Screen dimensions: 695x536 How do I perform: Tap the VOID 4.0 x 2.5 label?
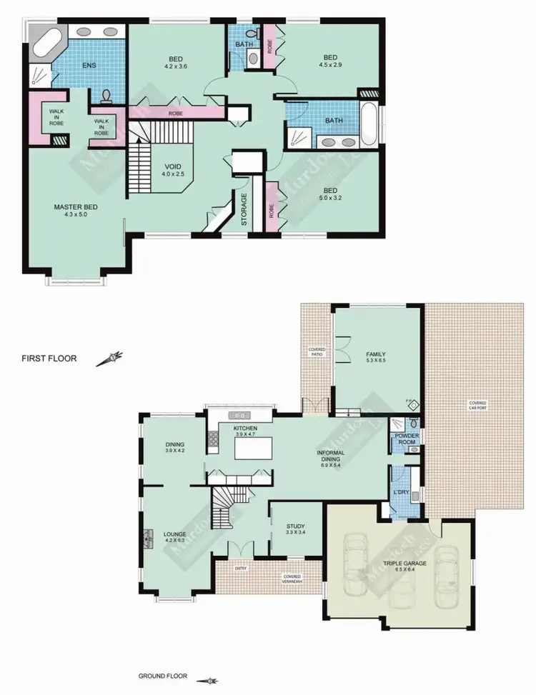pos(173,169)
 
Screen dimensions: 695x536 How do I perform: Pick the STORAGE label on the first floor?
pos(244,209)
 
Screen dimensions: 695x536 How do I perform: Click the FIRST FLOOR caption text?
pos(49,359)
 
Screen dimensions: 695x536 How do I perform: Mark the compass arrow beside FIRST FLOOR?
pos(111,358)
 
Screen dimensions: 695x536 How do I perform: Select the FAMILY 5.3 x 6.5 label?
pos(376,357)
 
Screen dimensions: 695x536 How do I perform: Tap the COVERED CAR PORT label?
pos(477,406)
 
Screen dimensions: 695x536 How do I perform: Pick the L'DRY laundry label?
pos(400,493)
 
